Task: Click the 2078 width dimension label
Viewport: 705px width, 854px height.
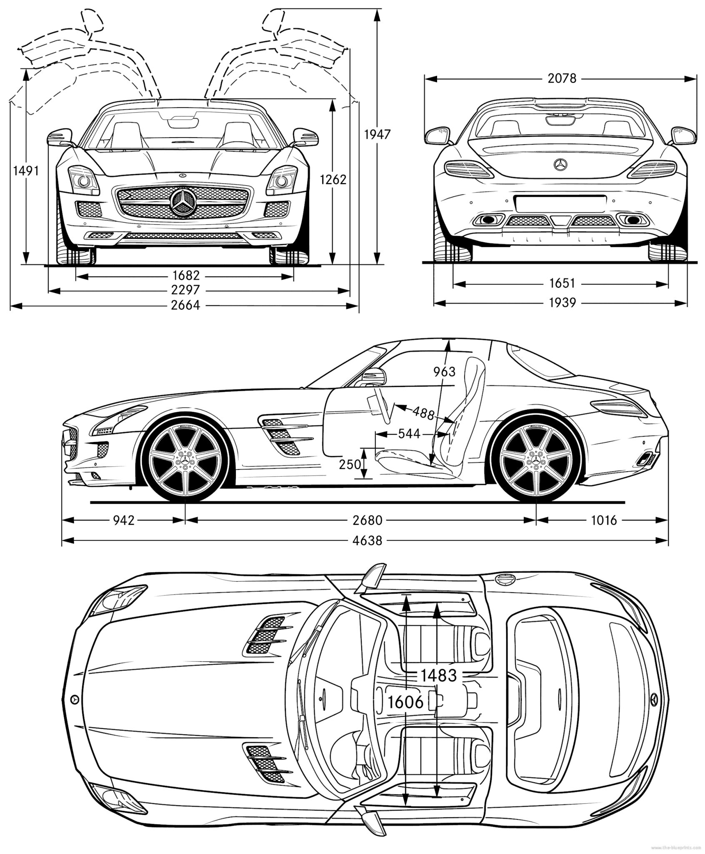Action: pyautogui.click(x=562, y=78)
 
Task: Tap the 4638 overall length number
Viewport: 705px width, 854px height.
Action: pyautogui.click(x=367, y=541)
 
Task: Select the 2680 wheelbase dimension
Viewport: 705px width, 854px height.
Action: pyautogui.click(x=367, y=520)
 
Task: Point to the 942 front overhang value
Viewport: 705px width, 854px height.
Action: pyautogui.click(x=124, y=520)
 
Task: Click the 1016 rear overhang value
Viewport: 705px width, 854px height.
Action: pyautogui.click(x=604, y=520)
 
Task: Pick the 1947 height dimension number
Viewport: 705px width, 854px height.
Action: pyautogui.click(x=377, y=134)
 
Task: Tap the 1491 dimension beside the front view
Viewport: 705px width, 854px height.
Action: pyautogui.click(x=26, y=171)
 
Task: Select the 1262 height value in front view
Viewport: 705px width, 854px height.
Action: pyautogui.click(x=333, y=179)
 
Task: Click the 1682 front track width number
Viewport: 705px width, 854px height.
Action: pyautogui.click(x=186, y=275)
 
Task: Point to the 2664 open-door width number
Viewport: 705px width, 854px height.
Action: pyautogui.click(x=186, y=305)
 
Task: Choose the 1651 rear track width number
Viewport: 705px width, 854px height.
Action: pyautogui.click(x=562, y=284)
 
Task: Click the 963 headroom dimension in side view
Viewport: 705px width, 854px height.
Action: pyautogui.click(x=444, y=372)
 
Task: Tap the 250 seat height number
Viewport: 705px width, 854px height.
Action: pyautogui.click(x=350, y=464)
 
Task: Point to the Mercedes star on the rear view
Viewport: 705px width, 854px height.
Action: pyautogui.click(x=561, y=165)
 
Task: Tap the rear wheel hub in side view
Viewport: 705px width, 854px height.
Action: pyautogui.click(x=536, y=459)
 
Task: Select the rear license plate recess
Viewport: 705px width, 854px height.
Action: pyautogui.click(x=560, y=203)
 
